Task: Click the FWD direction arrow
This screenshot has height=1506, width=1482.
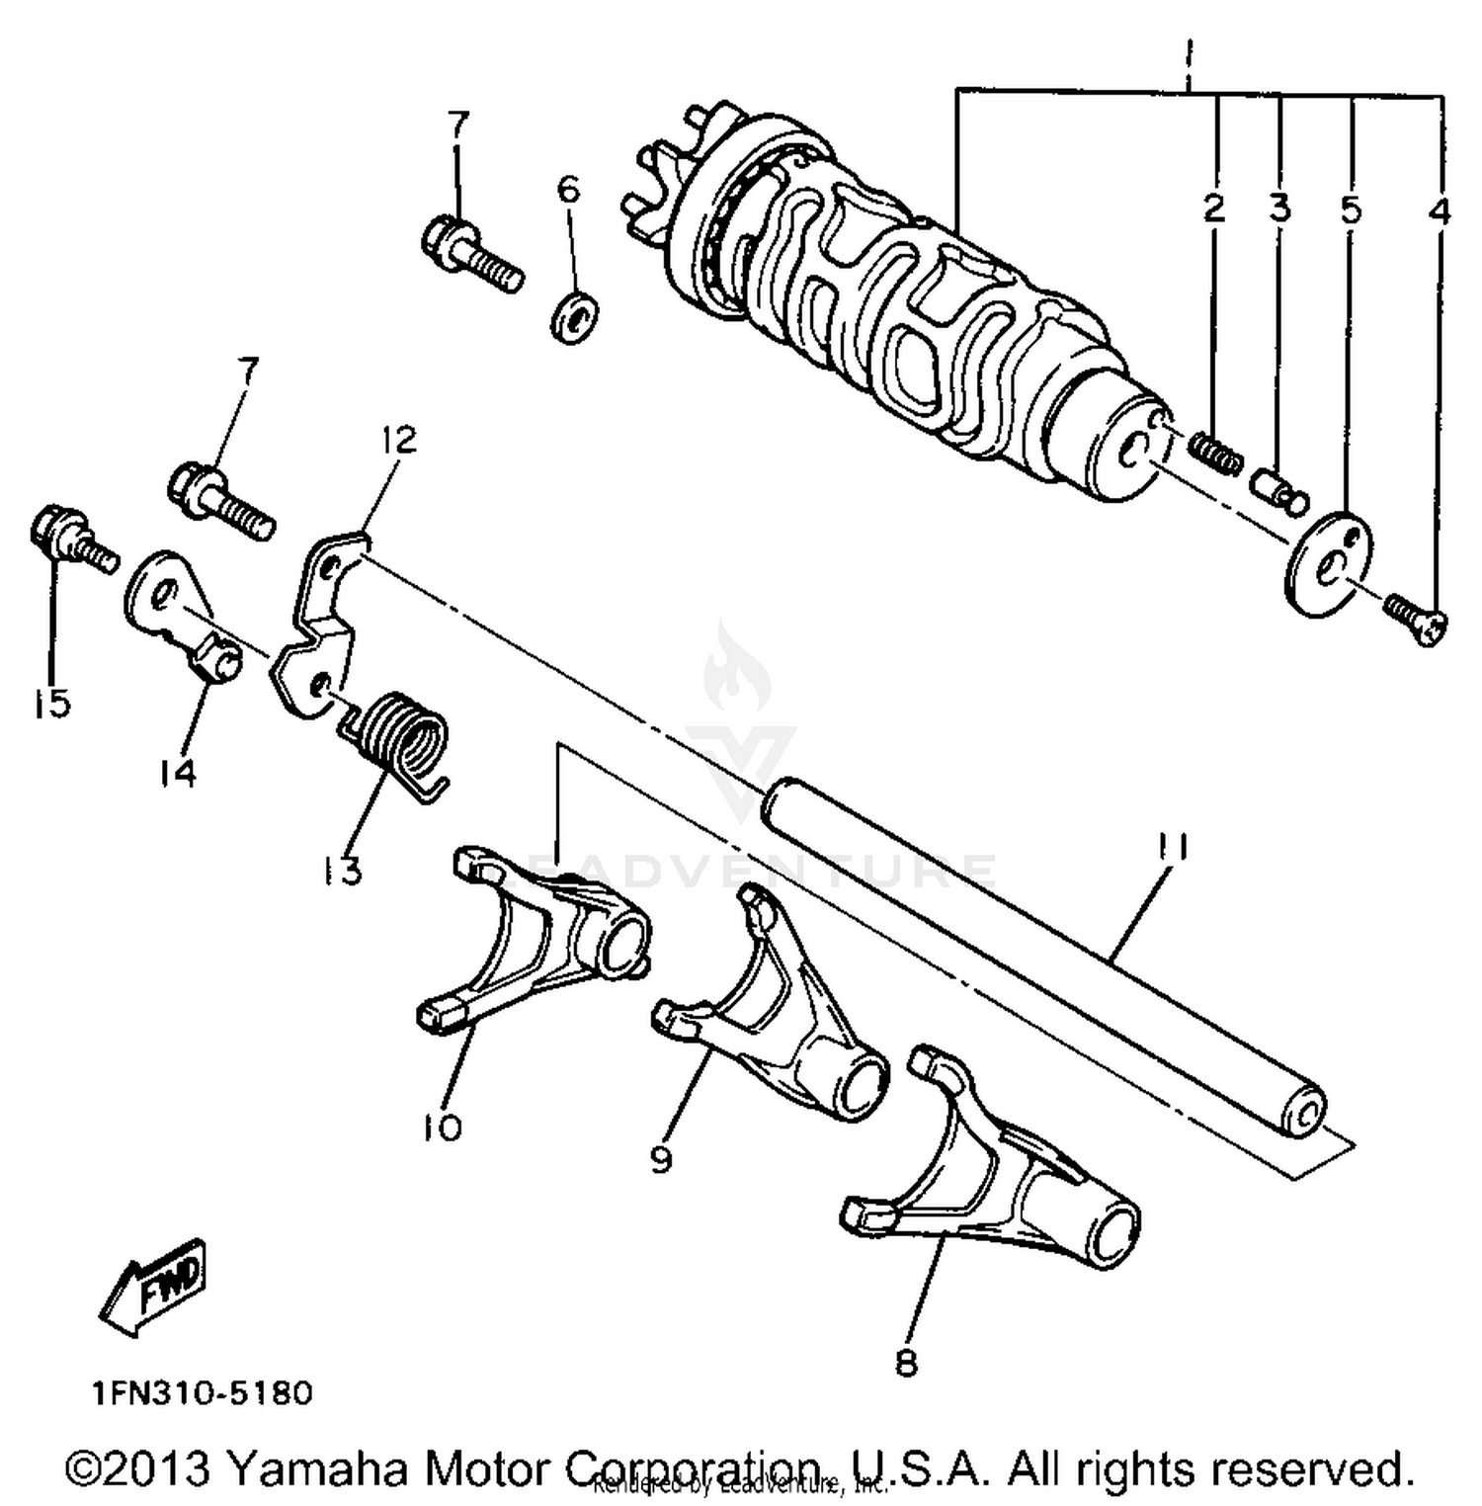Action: click(x=156, y=1288)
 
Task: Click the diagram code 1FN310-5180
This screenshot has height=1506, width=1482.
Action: click(x=203, y=1393)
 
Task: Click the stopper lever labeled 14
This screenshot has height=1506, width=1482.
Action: click(x=183, y=613)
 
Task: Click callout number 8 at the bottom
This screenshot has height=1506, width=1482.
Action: click(x=906, y=1364)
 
